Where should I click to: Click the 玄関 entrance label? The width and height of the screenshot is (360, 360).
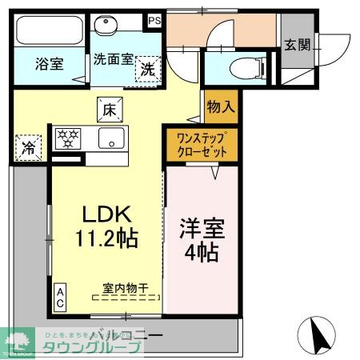point(297,46)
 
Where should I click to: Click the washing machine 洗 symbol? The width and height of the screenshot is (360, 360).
point(149,70)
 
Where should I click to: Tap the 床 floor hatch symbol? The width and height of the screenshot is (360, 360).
point(110,107)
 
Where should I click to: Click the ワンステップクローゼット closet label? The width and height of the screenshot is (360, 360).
point(202,144)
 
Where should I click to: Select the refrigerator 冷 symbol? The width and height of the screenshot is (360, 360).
point(27,147)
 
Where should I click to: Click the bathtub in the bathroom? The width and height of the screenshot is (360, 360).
point(48,30)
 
